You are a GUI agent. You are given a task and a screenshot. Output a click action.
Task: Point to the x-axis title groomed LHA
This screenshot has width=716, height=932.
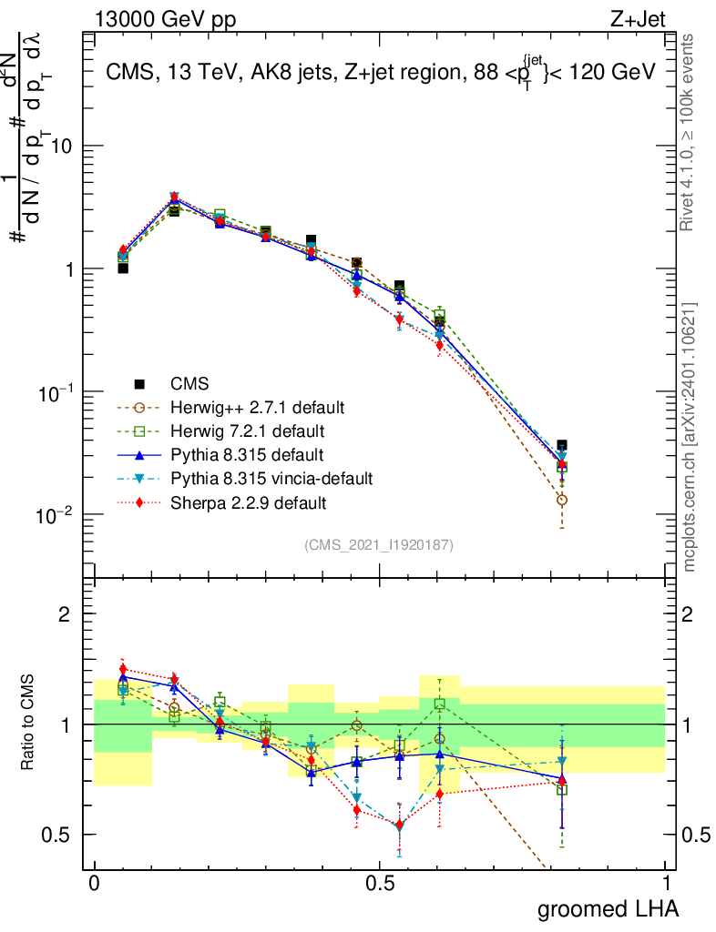pyautogui.click(x=609, y=909)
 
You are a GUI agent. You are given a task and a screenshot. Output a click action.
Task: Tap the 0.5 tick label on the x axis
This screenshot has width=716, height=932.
pyautogui.click(x=380, y=885)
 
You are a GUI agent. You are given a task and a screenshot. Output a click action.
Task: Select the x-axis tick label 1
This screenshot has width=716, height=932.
pyautogui.click(x=665, y=885)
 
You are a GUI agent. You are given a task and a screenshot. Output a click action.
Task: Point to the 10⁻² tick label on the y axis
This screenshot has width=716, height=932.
pyautogui.click(x=56, y=516)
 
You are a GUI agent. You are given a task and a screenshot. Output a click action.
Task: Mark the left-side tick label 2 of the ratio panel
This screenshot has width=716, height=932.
pyautogui.click(x=65, y=614)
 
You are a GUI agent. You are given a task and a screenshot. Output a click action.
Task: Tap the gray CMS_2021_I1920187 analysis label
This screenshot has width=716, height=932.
pyautogui.click(x=379, y=544)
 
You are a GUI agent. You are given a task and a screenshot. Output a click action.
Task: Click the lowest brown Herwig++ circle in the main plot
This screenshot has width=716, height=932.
pyautogui.click(x=562, y=500)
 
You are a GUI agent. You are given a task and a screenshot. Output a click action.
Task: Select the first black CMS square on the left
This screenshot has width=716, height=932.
pyautogui.click(x=123, y=268)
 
